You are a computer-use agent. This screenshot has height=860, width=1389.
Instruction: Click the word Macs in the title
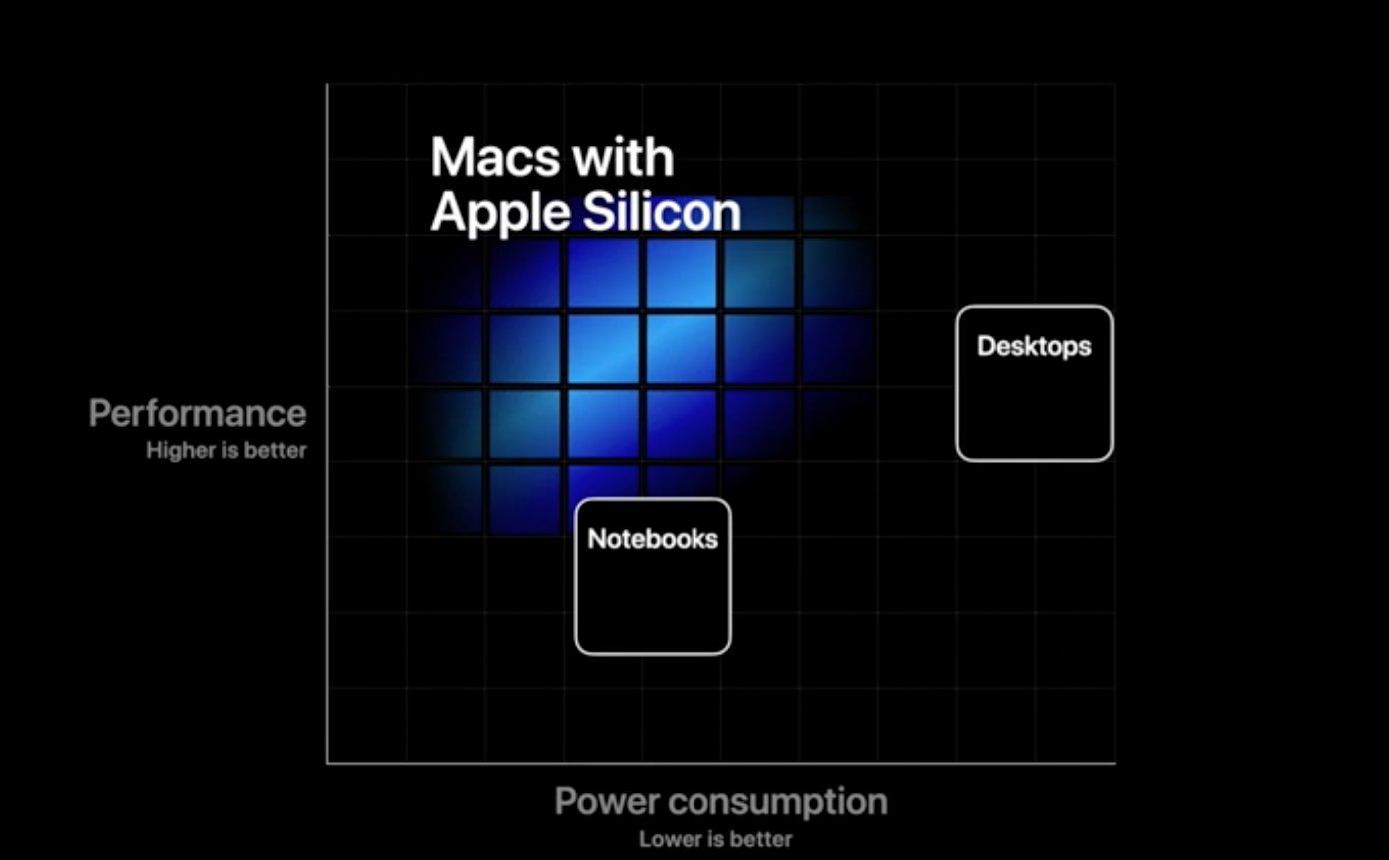click(x=495, y=157)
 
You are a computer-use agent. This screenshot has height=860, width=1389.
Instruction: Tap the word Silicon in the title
click(x=662, y=212)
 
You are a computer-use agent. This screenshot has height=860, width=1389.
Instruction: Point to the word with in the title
click(x=623, y=157)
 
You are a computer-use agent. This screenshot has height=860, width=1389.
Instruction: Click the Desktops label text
click(x=1034, y=346)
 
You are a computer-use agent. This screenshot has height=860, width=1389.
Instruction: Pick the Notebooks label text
click(x=653, y=539)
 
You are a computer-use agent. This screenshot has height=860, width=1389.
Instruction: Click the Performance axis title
click(x=197, y=414)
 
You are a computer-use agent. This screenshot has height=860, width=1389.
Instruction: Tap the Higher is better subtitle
click(x=226, y=450)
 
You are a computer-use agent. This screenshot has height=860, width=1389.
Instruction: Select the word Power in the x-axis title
click(x=606, y=801)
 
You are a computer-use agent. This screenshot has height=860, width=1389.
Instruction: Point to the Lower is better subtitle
click(x=715, y=839)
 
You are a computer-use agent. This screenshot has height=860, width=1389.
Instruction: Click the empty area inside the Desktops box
click(x=1034, y=409)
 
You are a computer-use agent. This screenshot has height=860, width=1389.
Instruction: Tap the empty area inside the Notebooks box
click(x=653, y=601)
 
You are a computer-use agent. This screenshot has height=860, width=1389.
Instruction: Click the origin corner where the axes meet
click(x=328, y=763)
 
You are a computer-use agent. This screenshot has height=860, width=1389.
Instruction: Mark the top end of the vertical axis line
click(x=328, y=84)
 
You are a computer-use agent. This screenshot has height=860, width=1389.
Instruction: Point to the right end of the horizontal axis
click(x=1115, y=763)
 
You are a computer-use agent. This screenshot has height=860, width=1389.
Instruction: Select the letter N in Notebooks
click(x=597, y=539)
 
